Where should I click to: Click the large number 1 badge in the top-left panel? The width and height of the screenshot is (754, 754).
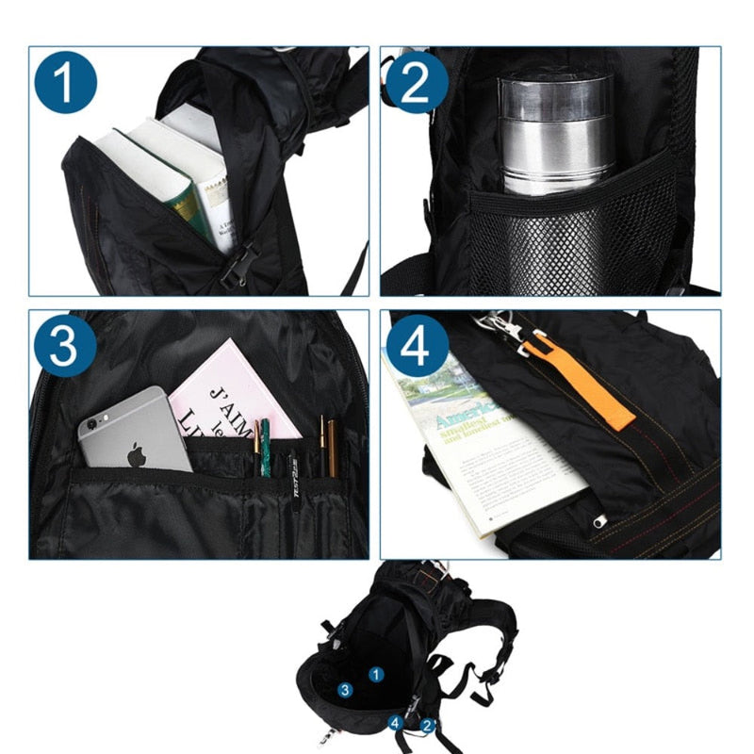65,83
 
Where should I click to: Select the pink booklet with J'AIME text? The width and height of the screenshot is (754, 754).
231,396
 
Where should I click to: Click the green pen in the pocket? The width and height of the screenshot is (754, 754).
266,447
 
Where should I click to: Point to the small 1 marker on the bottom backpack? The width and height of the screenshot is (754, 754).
375,674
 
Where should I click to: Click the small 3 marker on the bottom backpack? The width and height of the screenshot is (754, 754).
346,691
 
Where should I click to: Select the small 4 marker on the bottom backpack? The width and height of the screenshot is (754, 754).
396,723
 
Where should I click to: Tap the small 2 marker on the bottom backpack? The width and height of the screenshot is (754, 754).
427,725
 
